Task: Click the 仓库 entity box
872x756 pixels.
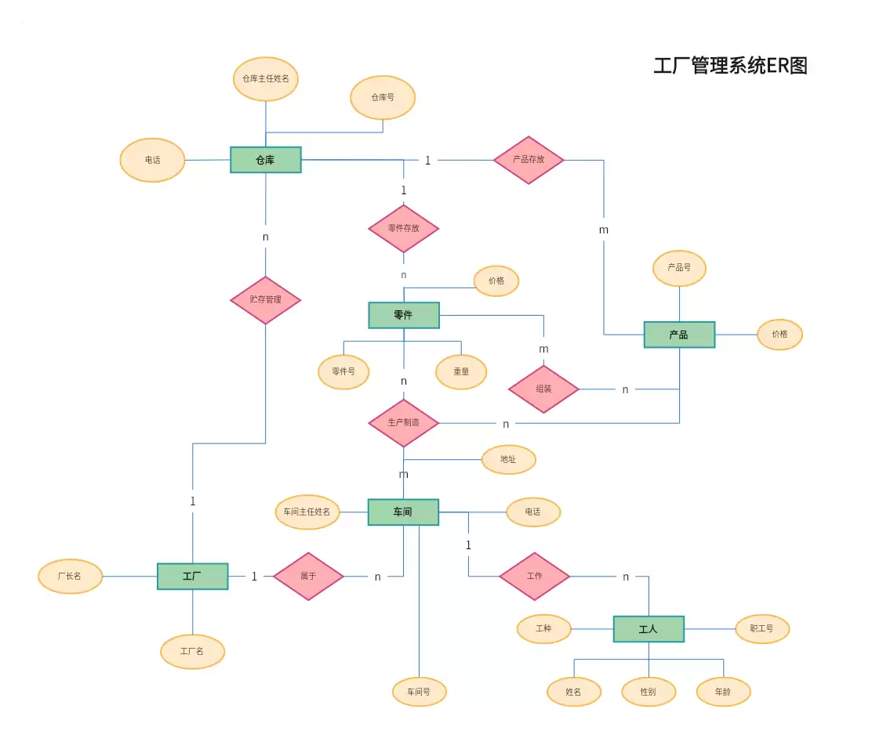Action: pyautogui.click(x=266, y=160)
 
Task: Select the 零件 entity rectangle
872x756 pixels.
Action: pyautogui.click(x=404, y=315)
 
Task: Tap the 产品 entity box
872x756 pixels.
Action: pyautogui.click(x=679, y=335)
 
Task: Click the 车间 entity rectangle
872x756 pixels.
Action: pyautogui.click(x=403, y=512)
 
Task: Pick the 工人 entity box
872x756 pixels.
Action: pyautogui.click(x=649, y=629)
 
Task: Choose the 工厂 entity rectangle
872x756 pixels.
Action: pyautogui.click(x=192, y=576)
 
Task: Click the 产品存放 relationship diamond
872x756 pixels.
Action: pyautogui.click(x=529, y=160)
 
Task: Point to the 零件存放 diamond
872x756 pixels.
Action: pyautogui.click(x=404, y=228)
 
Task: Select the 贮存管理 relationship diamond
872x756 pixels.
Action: pyautogui.click(x=266, y=300)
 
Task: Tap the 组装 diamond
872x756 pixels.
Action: pyautogui.click(x=544, y=389)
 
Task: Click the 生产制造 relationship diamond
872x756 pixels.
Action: pyautogui.click(x=404, y=423)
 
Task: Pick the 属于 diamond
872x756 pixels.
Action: pyautogui.click(x=308, y=576)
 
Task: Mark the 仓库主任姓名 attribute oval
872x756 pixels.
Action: pyautogui.click(x=266, y=79)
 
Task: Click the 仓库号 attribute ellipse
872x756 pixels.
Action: pyautogui.click(x=383, y=98)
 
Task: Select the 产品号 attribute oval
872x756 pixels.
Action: pyautogui.click(x=680, y=268)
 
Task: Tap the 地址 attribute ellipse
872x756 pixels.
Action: pyautogui.click(x=508, y=459)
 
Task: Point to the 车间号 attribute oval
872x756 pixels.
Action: pyautogui.click(x=420, y=692)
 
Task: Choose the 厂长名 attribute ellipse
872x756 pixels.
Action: pyautogui.click(x=70, y=576)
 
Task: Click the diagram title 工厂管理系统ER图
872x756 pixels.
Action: pyautogui.click(x=731, y=66)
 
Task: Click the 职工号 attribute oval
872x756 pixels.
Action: pyautogui.click(x=762, y=629)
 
